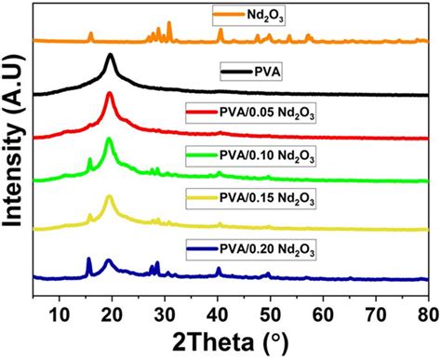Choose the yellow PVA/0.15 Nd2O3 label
tap(265, 200)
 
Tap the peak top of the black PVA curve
tap(111, 56)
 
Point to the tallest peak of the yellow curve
tap(110, 196)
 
